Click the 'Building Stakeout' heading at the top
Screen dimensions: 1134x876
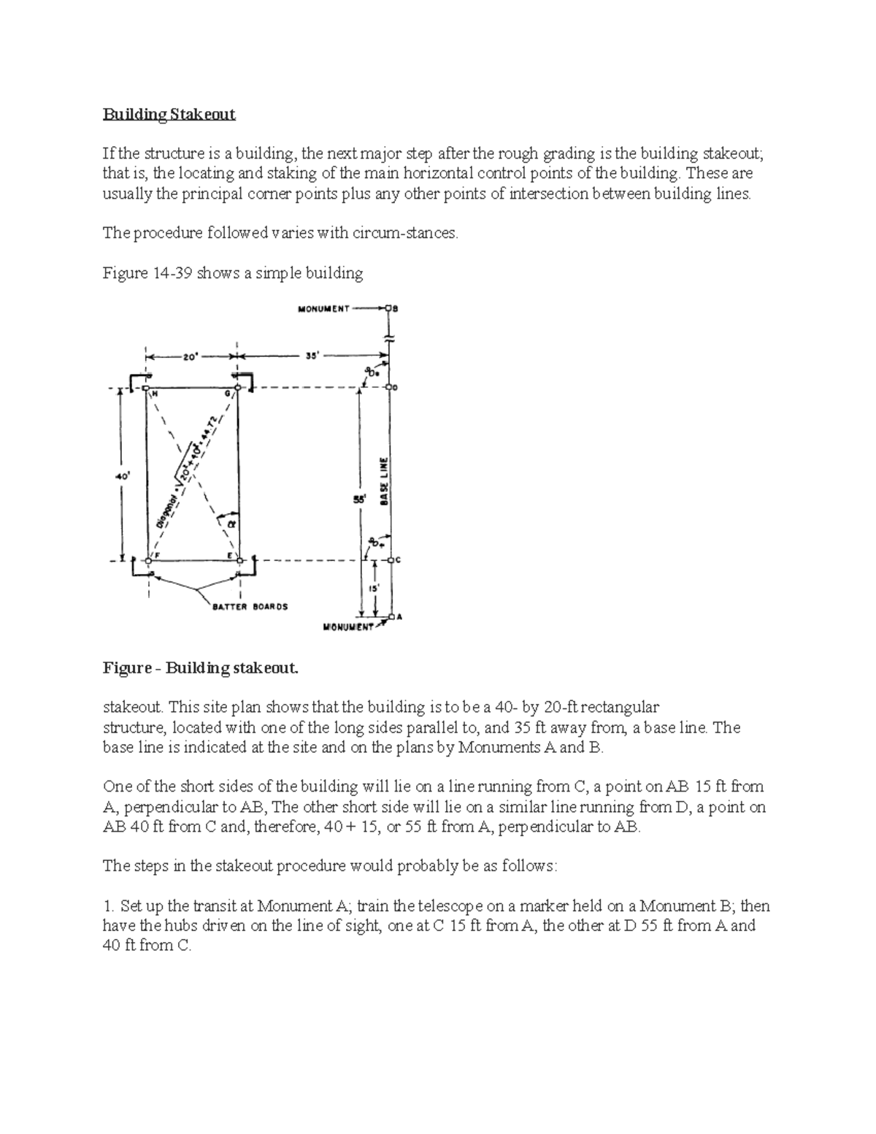[169, 114]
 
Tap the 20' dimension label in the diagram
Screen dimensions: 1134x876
[189, 357]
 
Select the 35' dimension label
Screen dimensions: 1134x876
[310, 357]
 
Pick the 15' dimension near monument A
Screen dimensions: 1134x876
[373, 588]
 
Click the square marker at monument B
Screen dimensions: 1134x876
[390, 308]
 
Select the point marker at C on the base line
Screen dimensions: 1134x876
[391, 561]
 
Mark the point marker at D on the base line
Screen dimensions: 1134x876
[391, 388]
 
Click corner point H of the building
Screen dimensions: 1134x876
[147, 388]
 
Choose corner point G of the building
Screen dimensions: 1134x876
[237, 388]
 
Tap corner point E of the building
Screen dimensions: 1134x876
[238, 560]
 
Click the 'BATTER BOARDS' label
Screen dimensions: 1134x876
[250, 606]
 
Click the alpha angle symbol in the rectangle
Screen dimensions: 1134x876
[231, 523]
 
